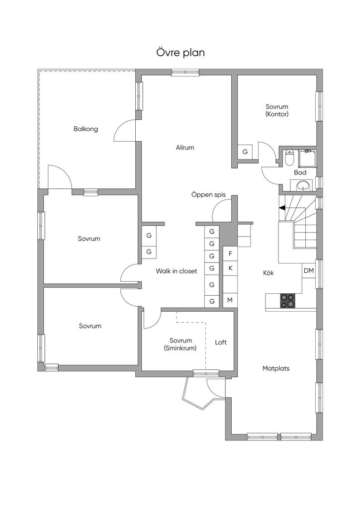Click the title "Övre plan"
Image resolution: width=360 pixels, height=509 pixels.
pos(180,53)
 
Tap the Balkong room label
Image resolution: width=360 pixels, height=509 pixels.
pos(86,129)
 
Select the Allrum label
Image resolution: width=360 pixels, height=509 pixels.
pos(185,148)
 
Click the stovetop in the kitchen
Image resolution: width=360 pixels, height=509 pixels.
pos(287,301)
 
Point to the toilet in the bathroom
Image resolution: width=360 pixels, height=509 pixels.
pos(290,158)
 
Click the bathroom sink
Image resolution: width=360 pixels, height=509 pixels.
pos(303,186)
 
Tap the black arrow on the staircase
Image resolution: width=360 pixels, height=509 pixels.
pos(282,208)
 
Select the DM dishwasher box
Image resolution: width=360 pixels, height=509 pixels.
pos(308,271)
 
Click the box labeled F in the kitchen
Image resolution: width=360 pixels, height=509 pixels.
pos(230,254)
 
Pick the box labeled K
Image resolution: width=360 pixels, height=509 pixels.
pos(230,268)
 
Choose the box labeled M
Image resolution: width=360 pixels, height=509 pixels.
pos(230,300)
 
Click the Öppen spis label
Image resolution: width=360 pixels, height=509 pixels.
pos(209,195)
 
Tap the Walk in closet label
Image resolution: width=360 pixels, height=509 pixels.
pos(177,271)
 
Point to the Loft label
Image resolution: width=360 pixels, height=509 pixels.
pos(221,342)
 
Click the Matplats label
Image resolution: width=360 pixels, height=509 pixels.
pos(276,369)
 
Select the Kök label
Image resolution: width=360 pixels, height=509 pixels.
pos(269,273)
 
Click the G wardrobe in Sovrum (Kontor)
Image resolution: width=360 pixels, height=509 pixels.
pos(245,152)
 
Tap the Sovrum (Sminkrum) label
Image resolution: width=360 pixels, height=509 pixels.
pos(180,344)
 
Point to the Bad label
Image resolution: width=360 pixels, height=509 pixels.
pos(300,172)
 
